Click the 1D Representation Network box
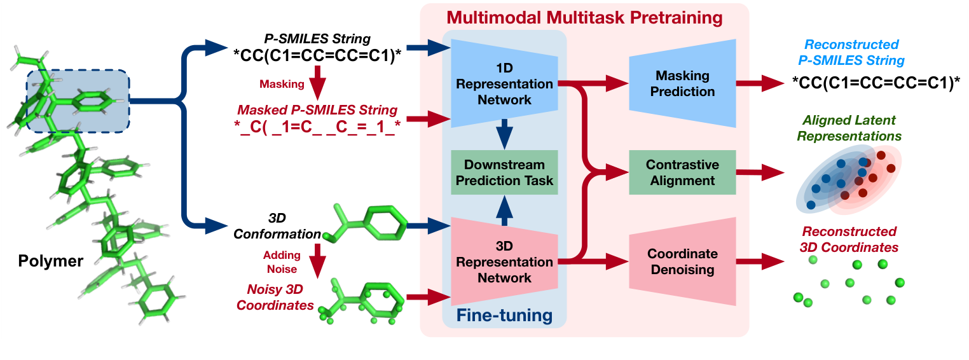504,83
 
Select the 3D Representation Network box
504,261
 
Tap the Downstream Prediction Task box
504,172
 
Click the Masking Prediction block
682,83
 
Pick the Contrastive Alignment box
682,172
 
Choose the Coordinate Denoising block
682,261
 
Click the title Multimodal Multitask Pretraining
584,17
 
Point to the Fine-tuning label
504,315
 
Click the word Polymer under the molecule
51,261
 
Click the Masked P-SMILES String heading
317,110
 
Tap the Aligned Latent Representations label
854,128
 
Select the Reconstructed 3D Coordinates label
849,239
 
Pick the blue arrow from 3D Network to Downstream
504,209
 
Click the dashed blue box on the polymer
78,100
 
